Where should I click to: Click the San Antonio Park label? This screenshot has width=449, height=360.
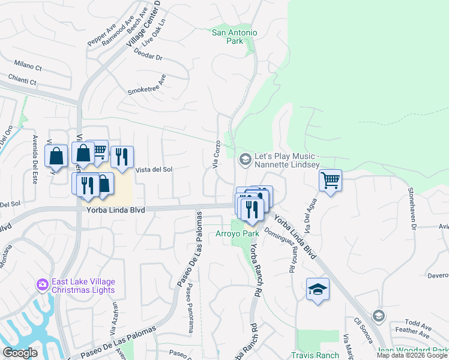tap(235, 37)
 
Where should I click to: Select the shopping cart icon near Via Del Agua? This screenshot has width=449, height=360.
tap(331, 180)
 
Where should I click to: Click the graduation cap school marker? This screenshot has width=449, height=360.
tap(318, 290)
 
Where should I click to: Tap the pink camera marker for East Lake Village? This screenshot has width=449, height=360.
tap(43, 284)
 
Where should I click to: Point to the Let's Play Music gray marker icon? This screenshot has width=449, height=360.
tap(245, 159)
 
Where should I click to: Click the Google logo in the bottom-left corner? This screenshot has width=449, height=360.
tap(20, 353)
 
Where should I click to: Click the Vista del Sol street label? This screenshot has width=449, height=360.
tap(154, 170)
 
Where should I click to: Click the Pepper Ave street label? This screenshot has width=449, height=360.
tap(101, 35)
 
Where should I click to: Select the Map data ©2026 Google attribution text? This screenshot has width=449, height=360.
tap(412, 355)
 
